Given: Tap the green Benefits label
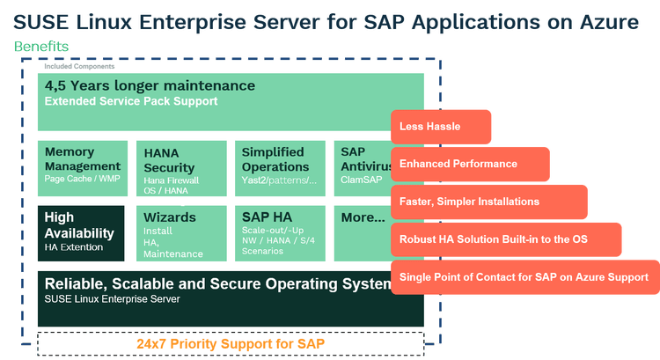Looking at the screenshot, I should (x=41, y=45).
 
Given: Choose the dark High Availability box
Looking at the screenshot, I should (x=81, y=233).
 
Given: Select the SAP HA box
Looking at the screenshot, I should (x=278, y=233).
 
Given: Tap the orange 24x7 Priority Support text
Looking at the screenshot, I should (x=230, y=342).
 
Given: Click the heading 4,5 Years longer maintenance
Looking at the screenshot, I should (x=150, y=86).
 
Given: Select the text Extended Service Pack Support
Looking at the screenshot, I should (x=131, y=102).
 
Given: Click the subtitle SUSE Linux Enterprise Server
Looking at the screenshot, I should (x=112, y=299).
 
